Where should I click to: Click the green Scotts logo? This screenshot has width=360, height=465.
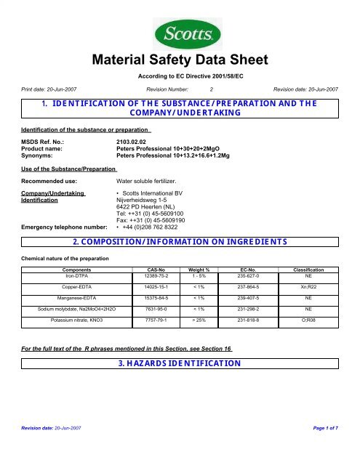[180, 34]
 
